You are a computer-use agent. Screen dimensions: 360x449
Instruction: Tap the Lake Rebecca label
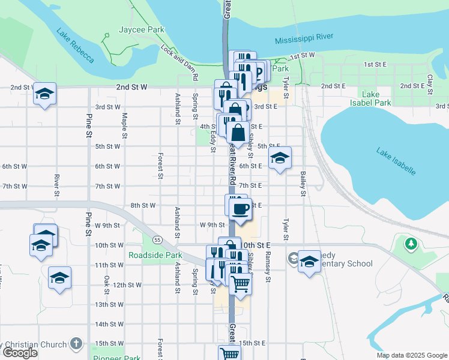pyautogui.click(x=75, y=46)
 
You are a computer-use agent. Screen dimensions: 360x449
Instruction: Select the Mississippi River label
pyautogui.click(x=304, y=38)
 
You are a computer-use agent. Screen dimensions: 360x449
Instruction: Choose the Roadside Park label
pyautogui.click(x=155, y=255)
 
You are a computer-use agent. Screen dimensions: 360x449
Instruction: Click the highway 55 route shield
pyautogui.click(x=157, y=240)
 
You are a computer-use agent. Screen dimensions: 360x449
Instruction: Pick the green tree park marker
pyautogui.click(x=411, y=244)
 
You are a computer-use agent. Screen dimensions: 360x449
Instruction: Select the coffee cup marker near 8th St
pyautogui.click(x=241, y=209)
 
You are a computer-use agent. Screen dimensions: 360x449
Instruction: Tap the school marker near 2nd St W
pyautogui.click(x=44, y=94)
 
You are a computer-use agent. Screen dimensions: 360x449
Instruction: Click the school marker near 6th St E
pyautogui.click(x=279, y=158)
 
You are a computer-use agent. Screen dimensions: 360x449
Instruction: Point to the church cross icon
pyautogui.click(x=76, y=344)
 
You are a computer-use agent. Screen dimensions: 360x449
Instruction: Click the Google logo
pyautogui.click(x=19, y=353)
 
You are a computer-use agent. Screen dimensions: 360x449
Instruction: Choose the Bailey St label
pyautogui.click(x=304, y=182)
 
